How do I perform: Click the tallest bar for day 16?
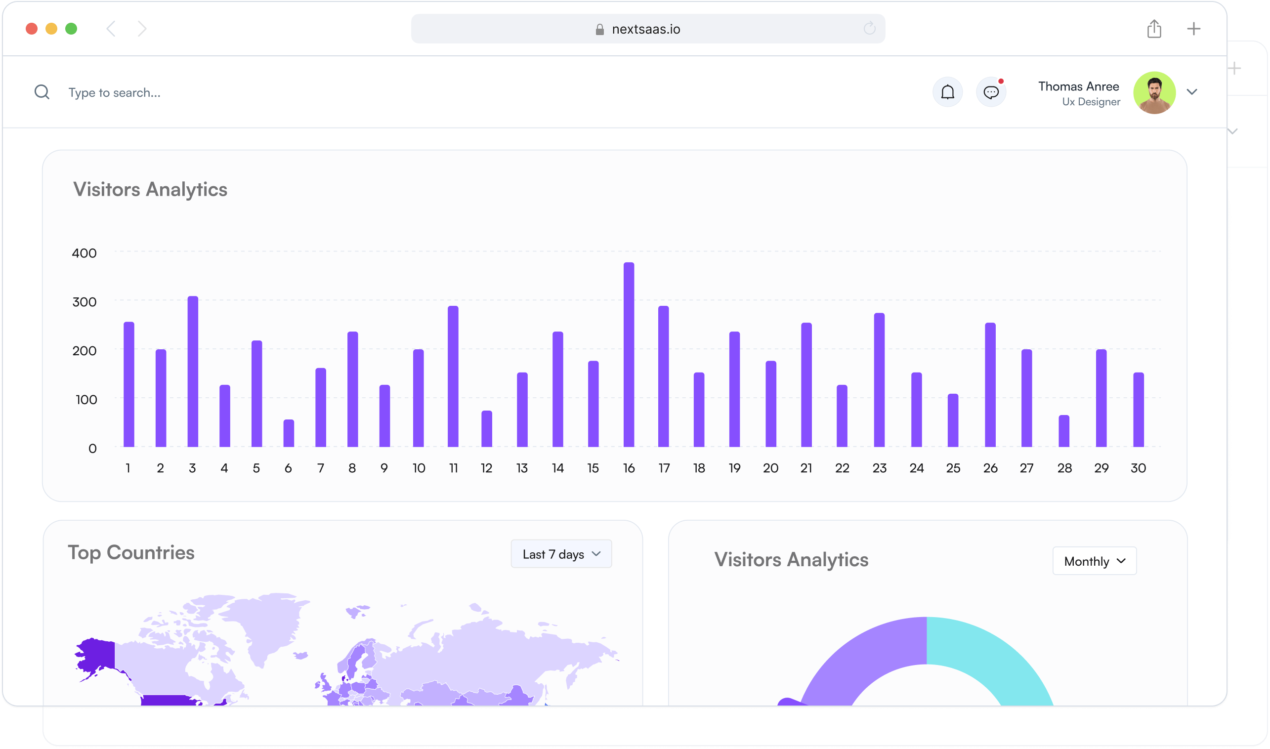[x=629, y=354]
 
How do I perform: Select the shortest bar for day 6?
[x=288, y=433]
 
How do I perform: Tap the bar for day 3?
[x=192, y=372]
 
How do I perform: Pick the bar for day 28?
[x=1063, y=431]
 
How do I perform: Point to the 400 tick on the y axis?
[x=85, y=253]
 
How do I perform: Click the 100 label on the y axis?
[x=86, y=400]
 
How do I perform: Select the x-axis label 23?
[x=879, y=468]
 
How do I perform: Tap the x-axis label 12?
[x=486, y=468]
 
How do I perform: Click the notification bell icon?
[x=947, y=92]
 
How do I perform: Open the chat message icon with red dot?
[x=991, y=92]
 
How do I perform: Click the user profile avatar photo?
[x=1154, y=92]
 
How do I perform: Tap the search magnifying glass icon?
[x=42, y=92]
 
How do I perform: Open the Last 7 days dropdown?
[x=561, y=554]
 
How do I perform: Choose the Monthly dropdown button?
[x=1095, y=561]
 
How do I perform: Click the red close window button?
[x=32, y=29]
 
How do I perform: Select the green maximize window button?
[x=71, y=29]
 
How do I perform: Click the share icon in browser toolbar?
[x=1154, y=29]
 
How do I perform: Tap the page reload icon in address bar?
[x=869, y=29]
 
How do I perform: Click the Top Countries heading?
[x=131, y=553]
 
